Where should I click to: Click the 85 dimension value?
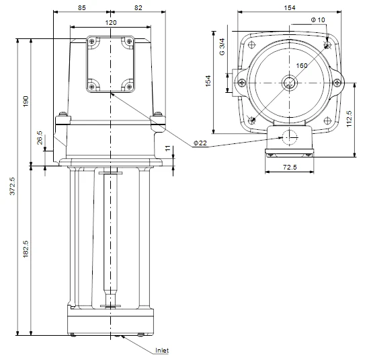[81, 8]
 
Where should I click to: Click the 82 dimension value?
[138, 8]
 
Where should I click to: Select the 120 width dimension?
[111, 23]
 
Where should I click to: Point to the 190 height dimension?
[26, 101]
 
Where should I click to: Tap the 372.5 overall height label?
[12, 186]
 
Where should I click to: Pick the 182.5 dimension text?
[26, 249]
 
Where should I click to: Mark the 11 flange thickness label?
[167, 148]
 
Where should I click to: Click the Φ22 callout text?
[200, 143]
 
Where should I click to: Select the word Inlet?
[162, 351]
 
